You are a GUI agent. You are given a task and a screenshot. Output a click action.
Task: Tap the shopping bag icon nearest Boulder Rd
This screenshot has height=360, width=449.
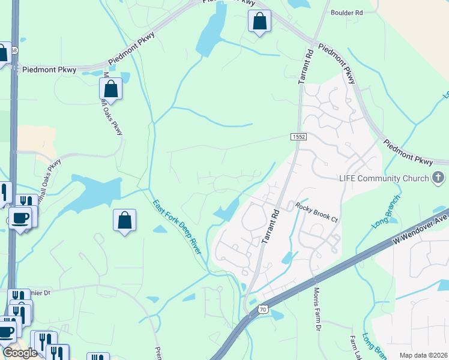[259, 22]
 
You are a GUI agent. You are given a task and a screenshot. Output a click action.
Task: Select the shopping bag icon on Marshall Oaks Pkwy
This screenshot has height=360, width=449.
[111, 89]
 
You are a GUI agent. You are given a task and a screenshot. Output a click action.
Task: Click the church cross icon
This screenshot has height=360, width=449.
[439, 178]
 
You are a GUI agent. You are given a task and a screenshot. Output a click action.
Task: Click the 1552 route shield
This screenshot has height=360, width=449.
[298, 137]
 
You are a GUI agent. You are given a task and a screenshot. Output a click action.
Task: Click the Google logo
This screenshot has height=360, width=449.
[20, 353]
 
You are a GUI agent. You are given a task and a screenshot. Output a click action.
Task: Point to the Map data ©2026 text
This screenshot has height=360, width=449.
[423, 355]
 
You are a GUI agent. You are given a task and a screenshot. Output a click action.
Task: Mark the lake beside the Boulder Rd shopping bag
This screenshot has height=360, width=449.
[209, 33]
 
